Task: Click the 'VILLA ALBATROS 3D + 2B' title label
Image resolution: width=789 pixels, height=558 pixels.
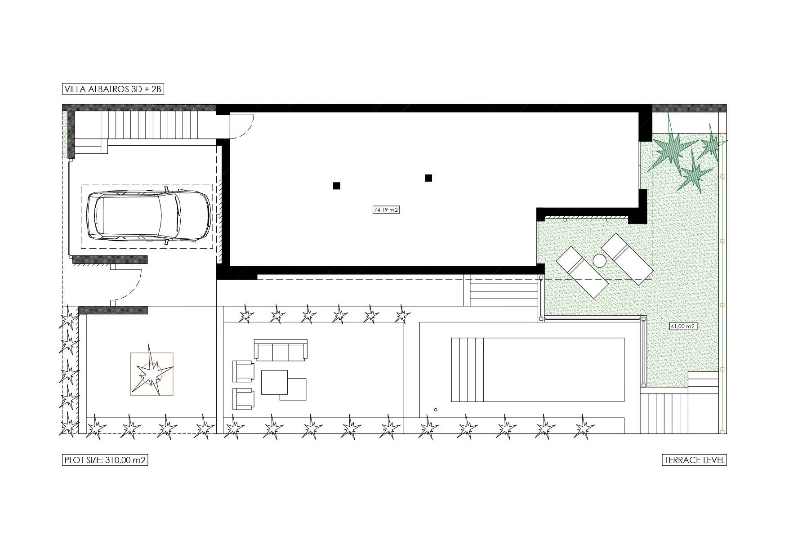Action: [112, 89]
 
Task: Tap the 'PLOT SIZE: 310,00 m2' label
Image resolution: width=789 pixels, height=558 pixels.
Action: [105, 460]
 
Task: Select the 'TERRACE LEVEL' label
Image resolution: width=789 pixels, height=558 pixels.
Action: [695, 460]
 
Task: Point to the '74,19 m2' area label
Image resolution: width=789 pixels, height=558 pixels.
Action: [386, 210]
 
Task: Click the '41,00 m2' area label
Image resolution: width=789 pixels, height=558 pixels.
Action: [683, 326]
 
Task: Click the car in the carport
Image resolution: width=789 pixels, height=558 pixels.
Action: [148, 215]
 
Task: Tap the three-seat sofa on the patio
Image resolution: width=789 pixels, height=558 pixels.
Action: [281, 350]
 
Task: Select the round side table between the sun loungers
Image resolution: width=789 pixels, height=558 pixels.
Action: [600, 260]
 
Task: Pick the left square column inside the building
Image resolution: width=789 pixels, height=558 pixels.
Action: [337, 186]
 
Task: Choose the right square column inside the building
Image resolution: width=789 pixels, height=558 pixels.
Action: [428, 178]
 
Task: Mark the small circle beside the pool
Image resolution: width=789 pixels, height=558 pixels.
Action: [436, 410]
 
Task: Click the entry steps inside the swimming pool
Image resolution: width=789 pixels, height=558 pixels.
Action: [468, 370]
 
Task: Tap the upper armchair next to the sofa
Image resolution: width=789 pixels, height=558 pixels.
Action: [243, 371]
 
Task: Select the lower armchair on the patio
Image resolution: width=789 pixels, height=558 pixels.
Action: [243, 399]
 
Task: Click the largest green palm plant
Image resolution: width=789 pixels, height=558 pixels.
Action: [671, 145]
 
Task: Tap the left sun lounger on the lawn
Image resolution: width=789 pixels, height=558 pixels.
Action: [582, 272]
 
